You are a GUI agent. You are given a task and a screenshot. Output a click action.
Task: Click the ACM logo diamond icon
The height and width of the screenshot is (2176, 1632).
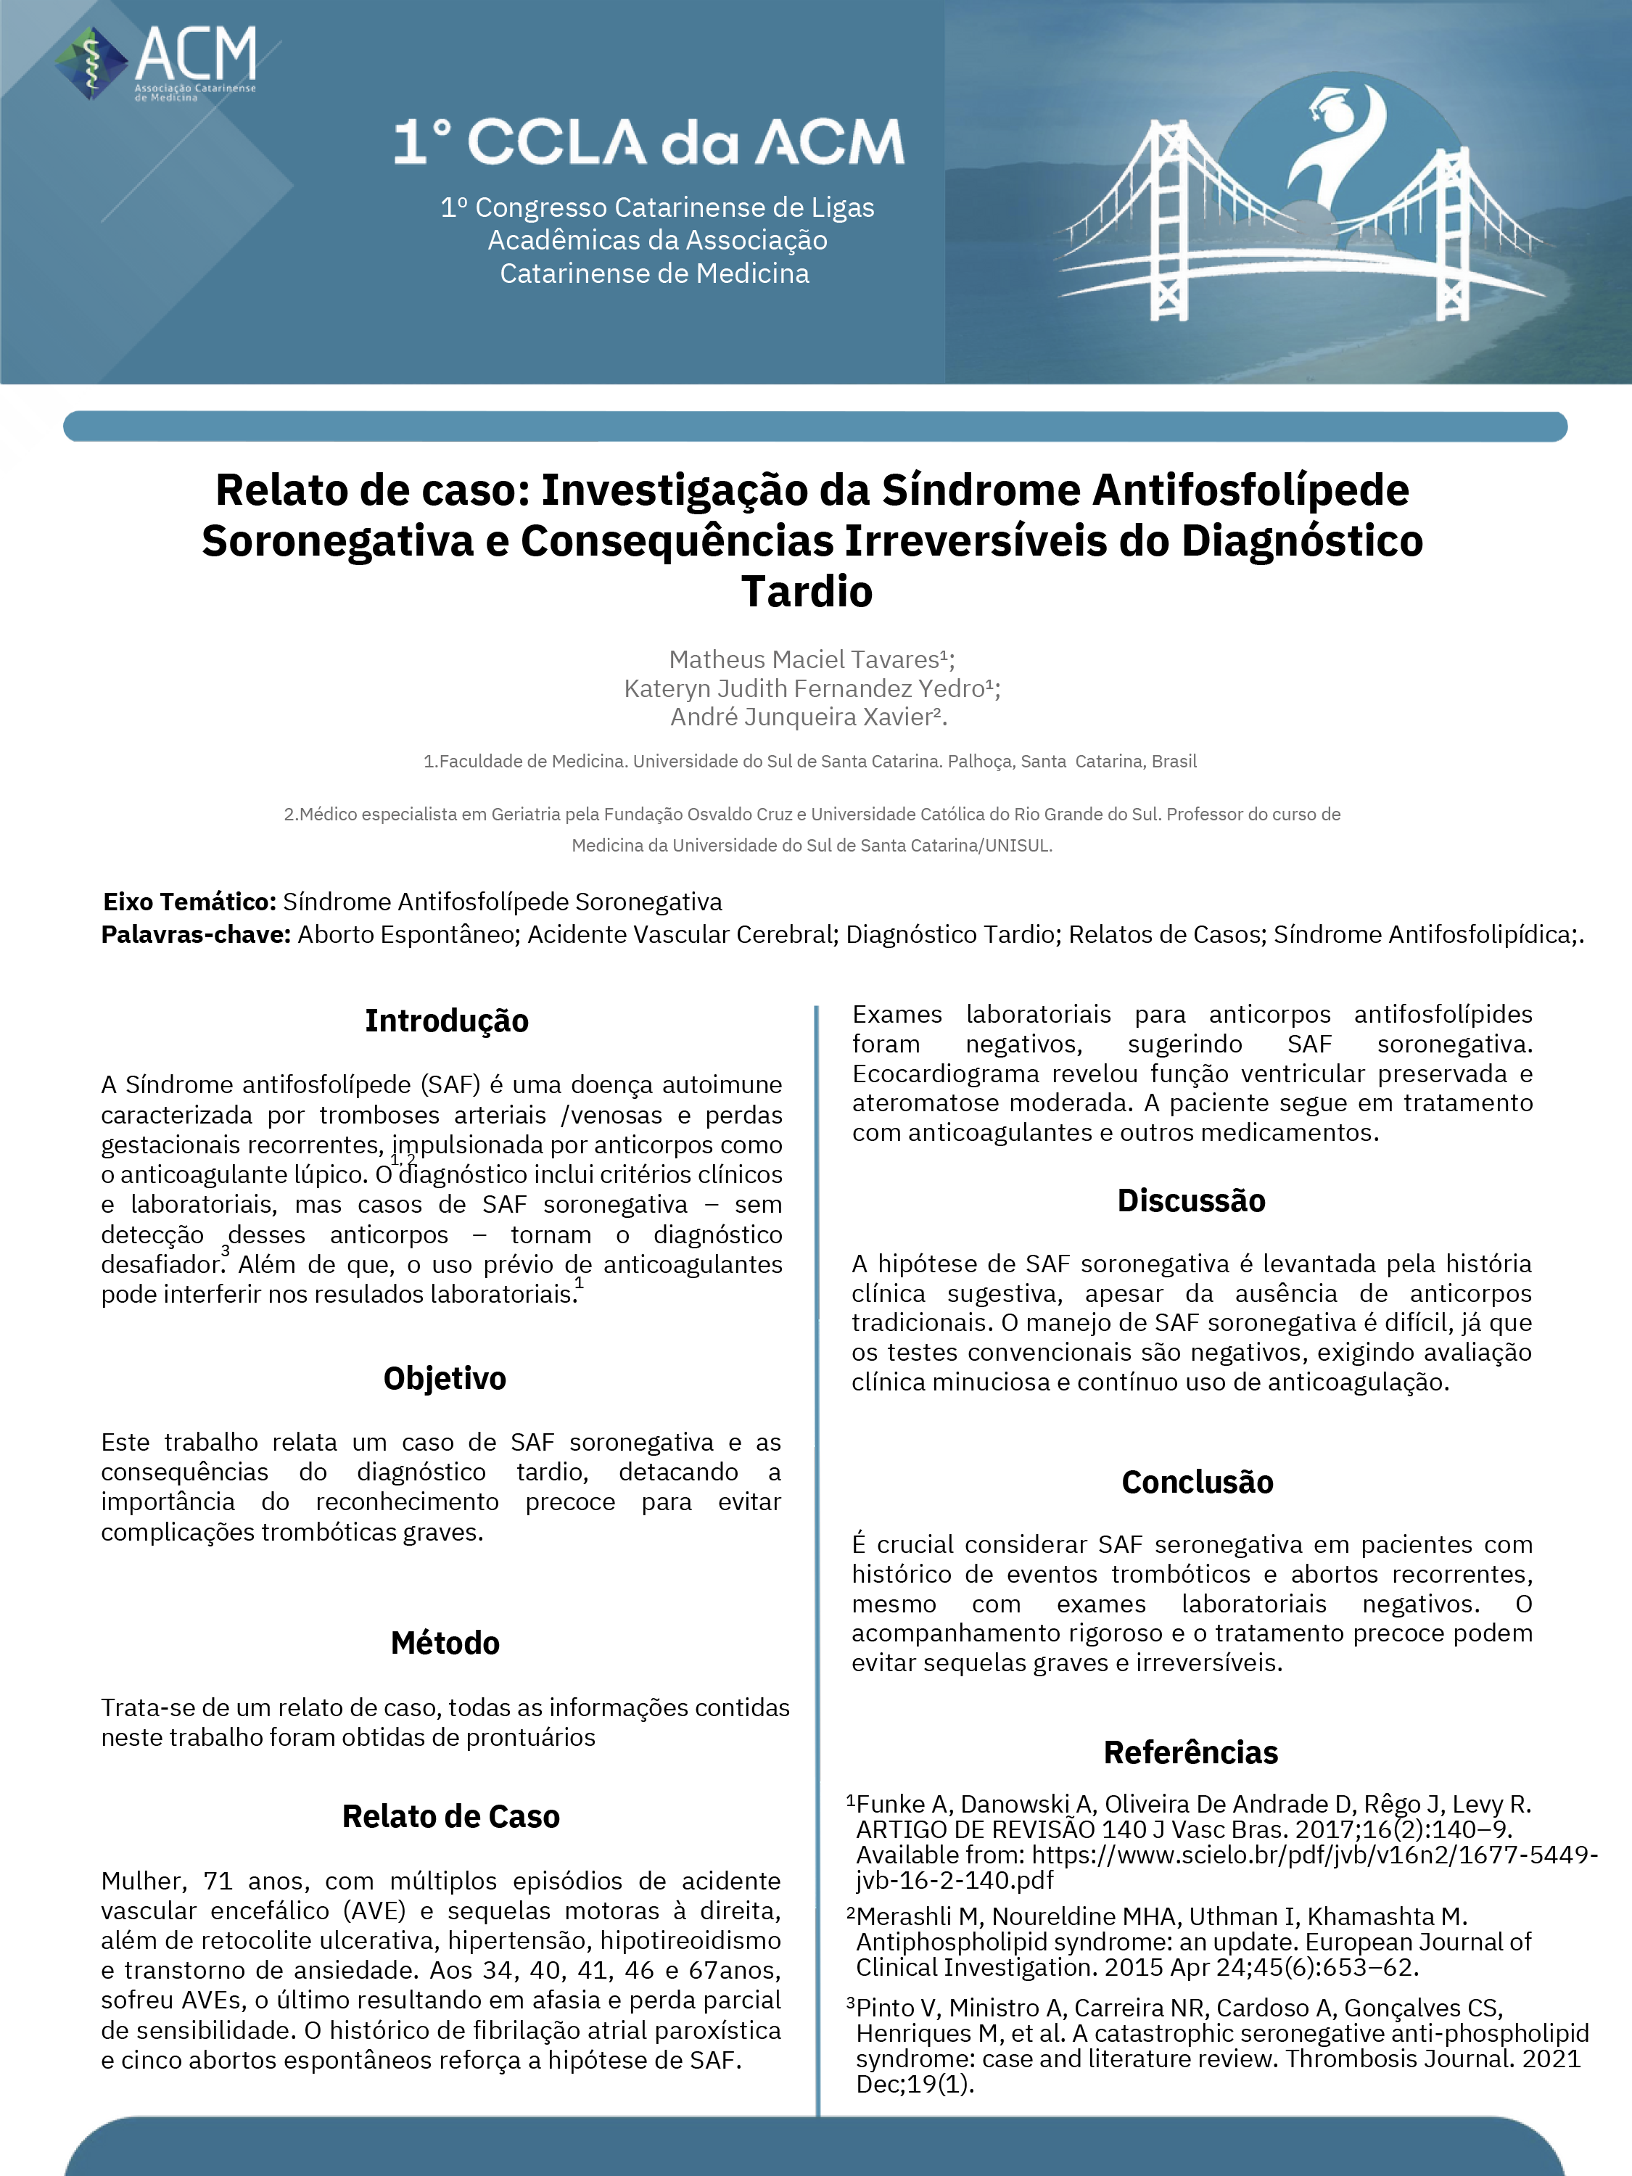click(91, 63)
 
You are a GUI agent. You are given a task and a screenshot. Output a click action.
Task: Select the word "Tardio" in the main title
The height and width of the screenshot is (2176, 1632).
click(807, 591)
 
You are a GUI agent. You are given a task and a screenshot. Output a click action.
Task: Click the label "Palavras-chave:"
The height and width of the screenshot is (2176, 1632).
click(196, 934)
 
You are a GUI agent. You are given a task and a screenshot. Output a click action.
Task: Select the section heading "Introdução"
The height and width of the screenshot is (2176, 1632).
click(447, 1021)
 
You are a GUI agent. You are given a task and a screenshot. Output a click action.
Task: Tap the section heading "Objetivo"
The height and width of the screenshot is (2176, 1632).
click(445, 1378)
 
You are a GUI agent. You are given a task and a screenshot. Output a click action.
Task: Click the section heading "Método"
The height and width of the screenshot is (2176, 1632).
click(445, 1643)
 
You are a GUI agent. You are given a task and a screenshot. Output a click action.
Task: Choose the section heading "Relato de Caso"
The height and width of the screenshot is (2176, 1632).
click(450, 1816)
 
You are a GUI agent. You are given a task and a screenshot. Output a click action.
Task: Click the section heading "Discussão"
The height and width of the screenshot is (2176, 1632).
click(1191, 1200)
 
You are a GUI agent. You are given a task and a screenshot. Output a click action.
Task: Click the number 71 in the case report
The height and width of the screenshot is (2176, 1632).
click(218, 1881)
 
